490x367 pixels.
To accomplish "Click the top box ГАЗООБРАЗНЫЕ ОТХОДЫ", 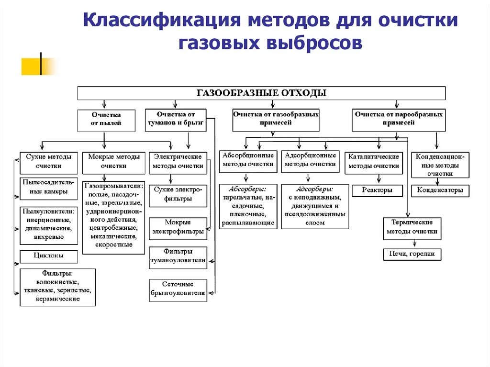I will [261, 93].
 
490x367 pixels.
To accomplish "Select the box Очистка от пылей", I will [106, 119].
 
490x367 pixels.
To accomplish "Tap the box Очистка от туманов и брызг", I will [176, 119].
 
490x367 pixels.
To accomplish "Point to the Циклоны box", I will [48, 256].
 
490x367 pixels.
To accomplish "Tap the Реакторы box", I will [377, 190].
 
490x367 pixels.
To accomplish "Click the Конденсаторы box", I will [440, 190].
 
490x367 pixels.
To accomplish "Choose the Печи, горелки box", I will [412, 254].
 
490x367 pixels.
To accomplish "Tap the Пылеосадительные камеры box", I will [49, 188].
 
